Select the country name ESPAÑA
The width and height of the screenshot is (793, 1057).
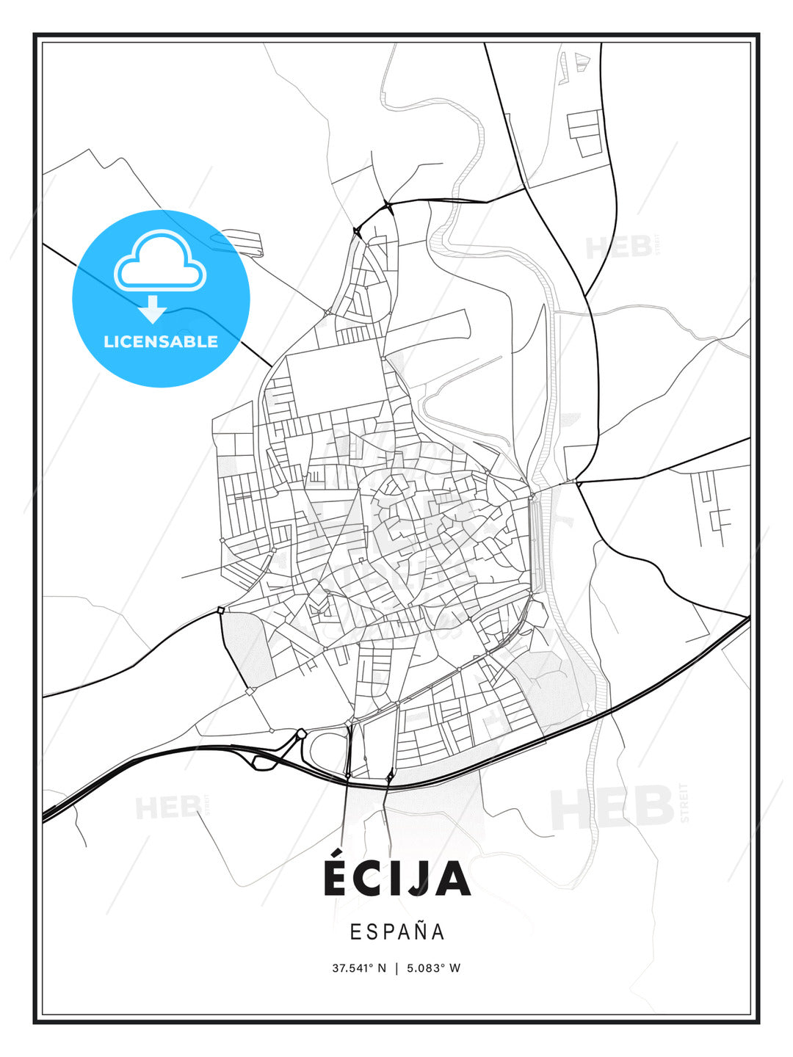(x=397, y=931)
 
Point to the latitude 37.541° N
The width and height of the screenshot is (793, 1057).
(x=359, y=968)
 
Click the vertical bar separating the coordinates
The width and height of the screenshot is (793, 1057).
(x=396, y=968)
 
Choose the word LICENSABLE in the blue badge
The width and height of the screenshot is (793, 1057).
(x=161, y=341)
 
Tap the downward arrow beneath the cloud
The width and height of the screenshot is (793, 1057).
(x=153, y=309)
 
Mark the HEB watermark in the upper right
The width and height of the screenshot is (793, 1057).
(x=618, y=248)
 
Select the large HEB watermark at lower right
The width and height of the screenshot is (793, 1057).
(x=612, y=807)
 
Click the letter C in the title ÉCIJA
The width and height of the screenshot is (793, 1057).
(x=371, y=879)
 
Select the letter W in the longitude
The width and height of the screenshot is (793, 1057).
(x=455, y=968)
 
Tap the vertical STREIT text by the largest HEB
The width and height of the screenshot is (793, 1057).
(x=685, y=802)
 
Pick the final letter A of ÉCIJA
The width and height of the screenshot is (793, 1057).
(x=452, y=879)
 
